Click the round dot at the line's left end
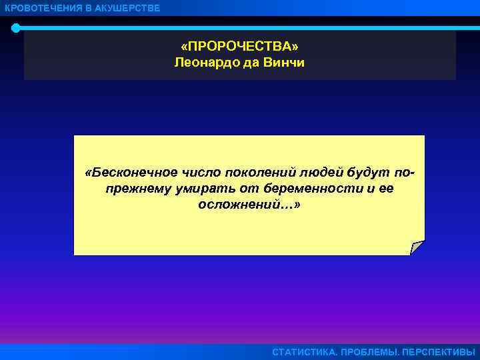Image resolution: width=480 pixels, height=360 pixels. coord(15,28)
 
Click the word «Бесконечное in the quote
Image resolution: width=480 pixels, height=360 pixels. coord(127,172)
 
